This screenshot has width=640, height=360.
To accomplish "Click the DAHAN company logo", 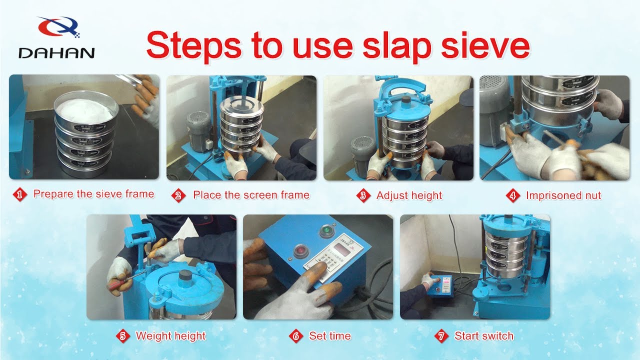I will point(56,38).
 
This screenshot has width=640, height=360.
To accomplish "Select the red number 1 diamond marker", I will point(20,195).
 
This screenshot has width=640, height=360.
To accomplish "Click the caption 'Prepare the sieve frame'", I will point(93,194).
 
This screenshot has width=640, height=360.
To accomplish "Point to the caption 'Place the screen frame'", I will point(251,195).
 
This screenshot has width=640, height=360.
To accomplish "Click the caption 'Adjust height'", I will point(409,195).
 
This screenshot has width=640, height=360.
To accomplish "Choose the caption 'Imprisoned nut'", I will point(563,195).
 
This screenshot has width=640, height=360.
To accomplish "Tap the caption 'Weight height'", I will point(170,335).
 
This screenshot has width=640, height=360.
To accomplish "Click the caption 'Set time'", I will point(329,335).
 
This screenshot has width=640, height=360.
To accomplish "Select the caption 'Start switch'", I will point(483,335).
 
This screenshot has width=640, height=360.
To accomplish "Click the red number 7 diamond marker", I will point(441,336).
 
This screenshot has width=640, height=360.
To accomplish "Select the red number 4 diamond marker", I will point(512,195).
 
